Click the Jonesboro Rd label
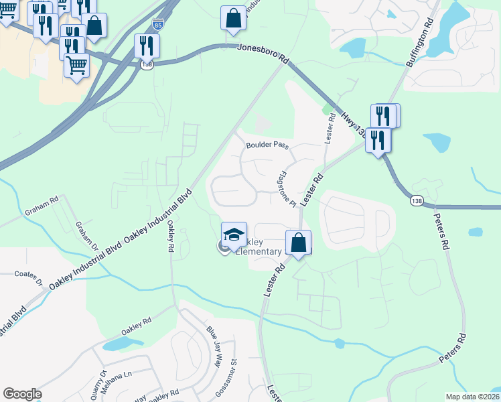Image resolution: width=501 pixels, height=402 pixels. (263, 51)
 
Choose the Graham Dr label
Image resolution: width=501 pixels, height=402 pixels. (84, 235)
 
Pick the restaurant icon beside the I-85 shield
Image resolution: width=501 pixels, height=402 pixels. (147, 46)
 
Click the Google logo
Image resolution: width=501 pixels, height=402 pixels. (22, 394)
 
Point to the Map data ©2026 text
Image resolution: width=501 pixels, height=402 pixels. (472, 397)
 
